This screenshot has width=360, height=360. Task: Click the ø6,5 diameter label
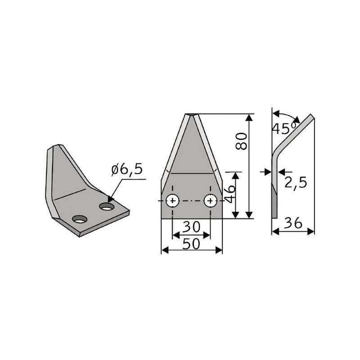pos(127,170)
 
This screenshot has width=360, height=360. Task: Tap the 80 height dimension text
pos(242,141)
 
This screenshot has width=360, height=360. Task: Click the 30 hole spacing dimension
pos(191,227)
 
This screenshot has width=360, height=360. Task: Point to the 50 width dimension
pos(191,243)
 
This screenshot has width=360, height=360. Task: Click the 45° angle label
pos(284,128)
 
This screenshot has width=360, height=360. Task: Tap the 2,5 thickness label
pos(296,183)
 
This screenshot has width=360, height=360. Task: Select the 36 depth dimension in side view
pos(293,223)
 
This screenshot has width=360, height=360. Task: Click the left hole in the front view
pos(172,201)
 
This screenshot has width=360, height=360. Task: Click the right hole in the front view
pos(210,201)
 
